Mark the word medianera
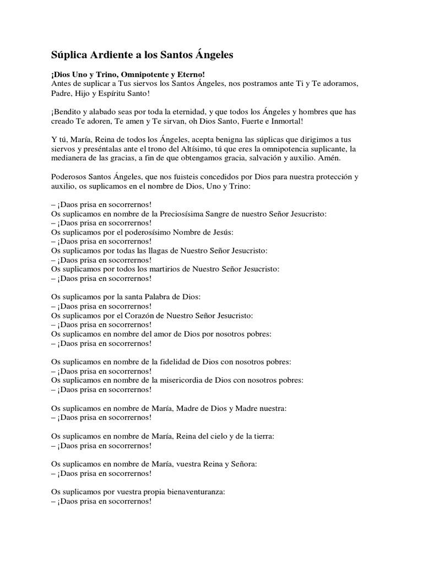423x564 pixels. point(72,158)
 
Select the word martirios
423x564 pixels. point(165,269)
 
